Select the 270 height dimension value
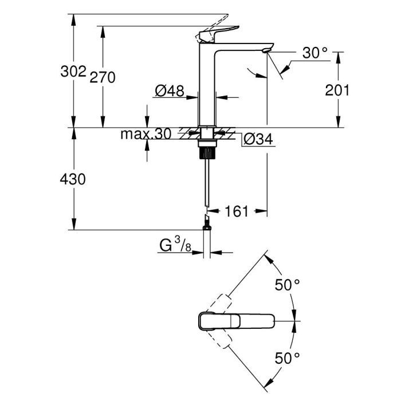click(103, 77)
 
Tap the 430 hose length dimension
click(73, 179)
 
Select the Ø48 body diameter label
click(169, 91)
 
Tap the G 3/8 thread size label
click(175, 246)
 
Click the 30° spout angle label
click(316, 53)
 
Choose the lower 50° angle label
click(288, 359)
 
